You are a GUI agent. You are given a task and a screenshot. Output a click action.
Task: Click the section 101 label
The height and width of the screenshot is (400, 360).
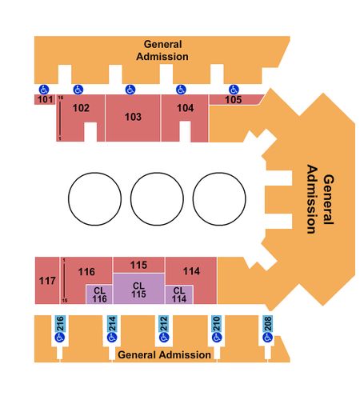point(45,99)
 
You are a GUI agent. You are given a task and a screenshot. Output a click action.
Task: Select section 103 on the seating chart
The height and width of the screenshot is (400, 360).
point(133,118)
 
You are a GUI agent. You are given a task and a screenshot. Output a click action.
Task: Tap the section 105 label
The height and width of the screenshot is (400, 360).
point(234,100)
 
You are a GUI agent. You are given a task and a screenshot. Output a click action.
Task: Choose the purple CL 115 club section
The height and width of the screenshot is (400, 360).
point(138,289)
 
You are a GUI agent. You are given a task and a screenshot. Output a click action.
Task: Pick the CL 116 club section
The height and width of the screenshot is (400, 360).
point(99,294)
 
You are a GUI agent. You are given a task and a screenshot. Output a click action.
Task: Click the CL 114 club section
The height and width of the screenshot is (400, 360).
point(179,294)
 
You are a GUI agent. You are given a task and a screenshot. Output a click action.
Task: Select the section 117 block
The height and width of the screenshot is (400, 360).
point(47,281)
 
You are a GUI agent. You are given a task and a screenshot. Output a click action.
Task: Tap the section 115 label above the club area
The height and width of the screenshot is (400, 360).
point(138,265)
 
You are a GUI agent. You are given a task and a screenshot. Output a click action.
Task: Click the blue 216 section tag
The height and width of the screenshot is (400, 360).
point(60,323)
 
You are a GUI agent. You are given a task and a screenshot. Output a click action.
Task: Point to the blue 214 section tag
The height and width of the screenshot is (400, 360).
point(112,323)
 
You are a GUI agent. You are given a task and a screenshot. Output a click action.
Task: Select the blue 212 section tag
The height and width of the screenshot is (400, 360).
point(163,323)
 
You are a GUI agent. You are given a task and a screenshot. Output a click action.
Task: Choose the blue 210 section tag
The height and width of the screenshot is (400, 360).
point(216,323)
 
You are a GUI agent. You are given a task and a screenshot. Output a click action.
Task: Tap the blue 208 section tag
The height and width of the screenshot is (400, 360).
point(267,323)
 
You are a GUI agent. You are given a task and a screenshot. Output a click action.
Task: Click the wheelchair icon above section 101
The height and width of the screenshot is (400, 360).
point(44,90)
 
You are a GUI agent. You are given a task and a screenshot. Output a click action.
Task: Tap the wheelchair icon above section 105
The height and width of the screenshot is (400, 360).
point(234,90)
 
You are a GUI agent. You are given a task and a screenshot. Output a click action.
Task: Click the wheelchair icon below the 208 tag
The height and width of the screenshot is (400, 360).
point(267,338)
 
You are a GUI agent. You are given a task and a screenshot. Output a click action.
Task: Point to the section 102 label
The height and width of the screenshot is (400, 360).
point(81,108)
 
